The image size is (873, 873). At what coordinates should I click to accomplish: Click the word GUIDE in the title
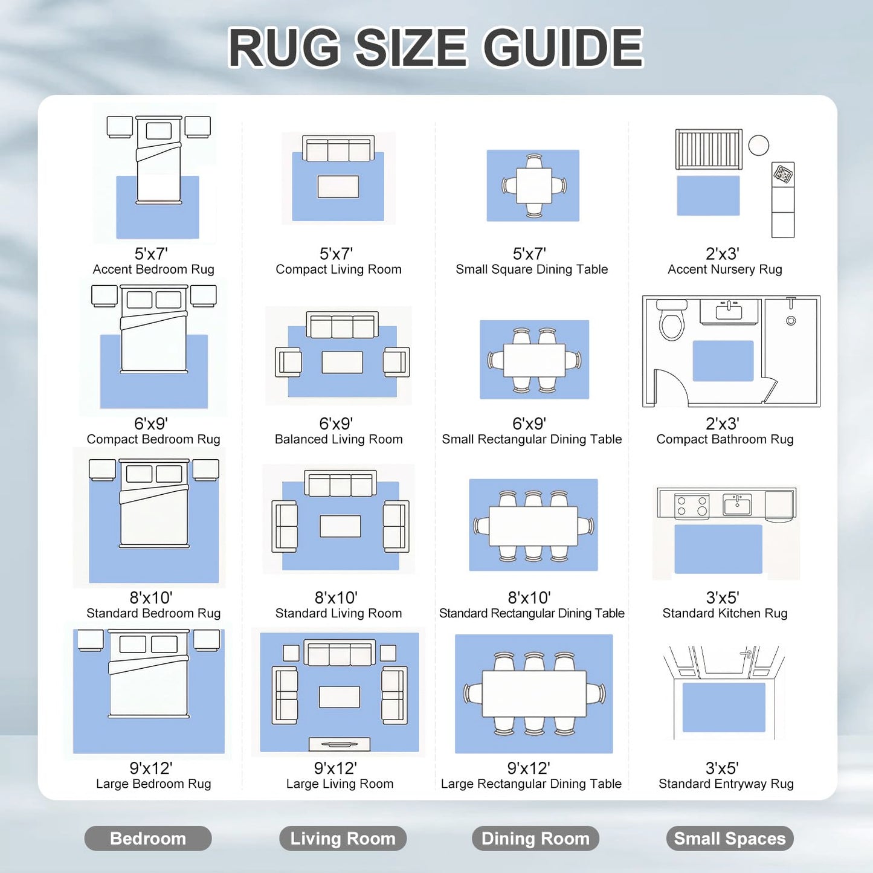click(x=563, y=48)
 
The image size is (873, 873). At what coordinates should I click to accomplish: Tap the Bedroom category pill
click(x=147, y=838)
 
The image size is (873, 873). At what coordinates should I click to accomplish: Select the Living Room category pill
click(x=343, y=838)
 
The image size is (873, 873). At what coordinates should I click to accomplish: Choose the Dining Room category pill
click(x=535, y=838)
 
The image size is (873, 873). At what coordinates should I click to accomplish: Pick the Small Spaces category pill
click(x=729, y=838)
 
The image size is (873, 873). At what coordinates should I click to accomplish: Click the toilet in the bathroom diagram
click(x=671, y=320)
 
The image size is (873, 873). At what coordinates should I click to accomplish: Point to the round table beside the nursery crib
click(x=758, y=145)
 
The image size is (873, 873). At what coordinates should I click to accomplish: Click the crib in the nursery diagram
click(x=709, y=149)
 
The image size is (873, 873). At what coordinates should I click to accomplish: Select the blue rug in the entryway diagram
click(x=724, y=707)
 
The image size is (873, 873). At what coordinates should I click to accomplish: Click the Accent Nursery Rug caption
click(x=725, y=269)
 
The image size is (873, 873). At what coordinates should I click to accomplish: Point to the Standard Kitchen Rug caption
click(x=725, y=613)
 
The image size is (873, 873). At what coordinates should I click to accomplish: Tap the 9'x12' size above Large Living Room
click(x=335, y=768)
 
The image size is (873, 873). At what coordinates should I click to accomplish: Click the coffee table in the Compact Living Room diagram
click(x=338, y=187)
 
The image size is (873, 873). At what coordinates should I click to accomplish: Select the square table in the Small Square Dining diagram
click(x=533, y=185)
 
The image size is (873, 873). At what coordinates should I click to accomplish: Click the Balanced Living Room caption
click(x=338, y=439)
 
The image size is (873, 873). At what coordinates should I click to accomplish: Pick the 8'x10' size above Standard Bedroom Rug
click(x=151, y=598)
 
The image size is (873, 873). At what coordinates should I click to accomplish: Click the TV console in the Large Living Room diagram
click(x=340, y=744)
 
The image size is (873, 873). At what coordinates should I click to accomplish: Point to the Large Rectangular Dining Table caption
click(x=531, y=784)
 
